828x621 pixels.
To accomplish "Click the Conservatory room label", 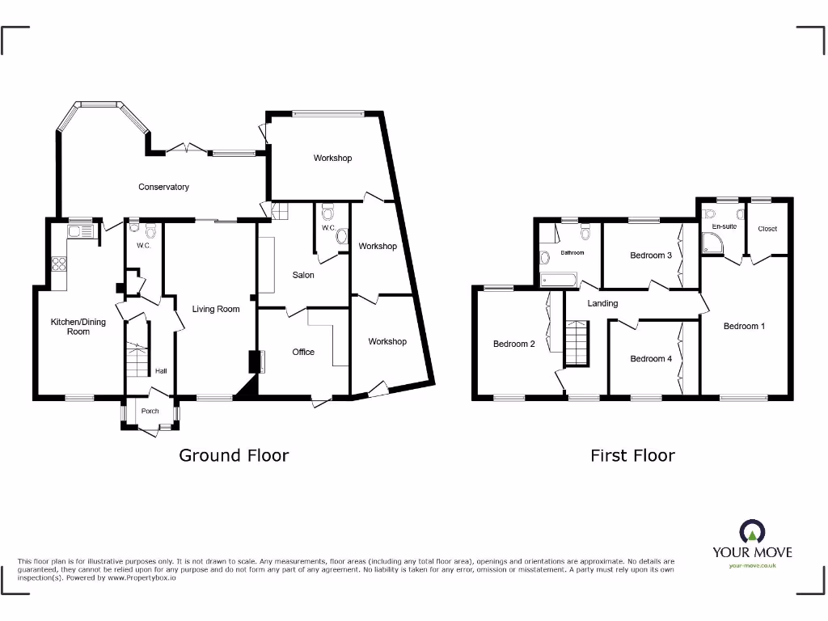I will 163,187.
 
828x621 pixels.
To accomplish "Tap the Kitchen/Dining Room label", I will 78,327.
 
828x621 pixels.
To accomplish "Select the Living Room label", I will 216,309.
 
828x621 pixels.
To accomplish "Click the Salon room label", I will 303,275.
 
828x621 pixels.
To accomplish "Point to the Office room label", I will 303,352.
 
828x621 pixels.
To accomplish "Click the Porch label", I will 150,411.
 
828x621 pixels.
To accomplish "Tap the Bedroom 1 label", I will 744,326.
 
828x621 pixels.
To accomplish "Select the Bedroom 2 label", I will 514,344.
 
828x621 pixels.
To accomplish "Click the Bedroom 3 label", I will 651,256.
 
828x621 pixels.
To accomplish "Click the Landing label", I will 602,303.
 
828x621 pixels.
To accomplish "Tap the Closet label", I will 767,229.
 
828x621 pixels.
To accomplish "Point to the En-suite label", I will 724,226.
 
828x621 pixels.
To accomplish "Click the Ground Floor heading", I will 234,455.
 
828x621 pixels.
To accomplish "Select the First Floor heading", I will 632,455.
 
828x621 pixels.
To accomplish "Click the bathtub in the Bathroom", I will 558,280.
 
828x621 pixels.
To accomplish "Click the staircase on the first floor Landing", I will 576,344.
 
